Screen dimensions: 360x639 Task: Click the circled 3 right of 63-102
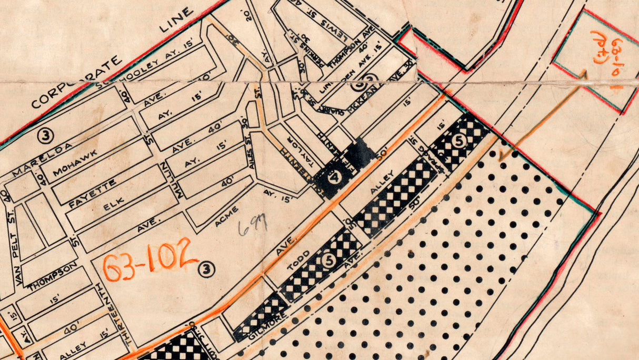tap(207, 270)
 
